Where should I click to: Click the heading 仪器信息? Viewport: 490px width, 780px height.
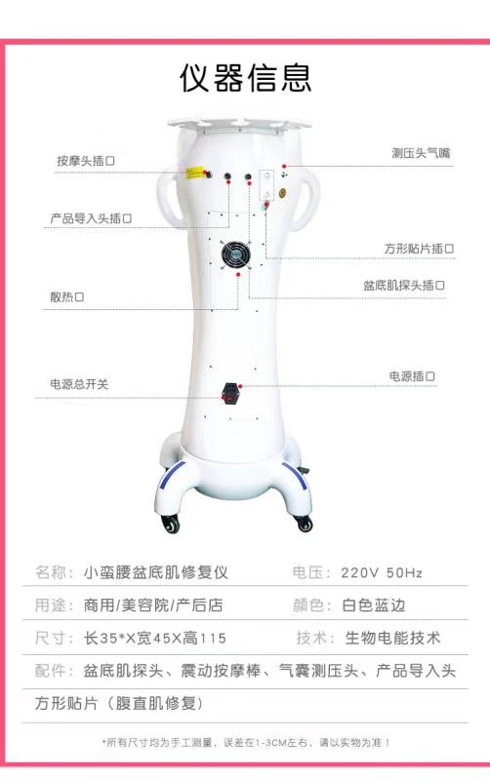[x=245, y=78]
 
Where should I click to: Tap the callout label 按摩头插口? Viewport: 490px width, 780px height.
[x=86, y=161]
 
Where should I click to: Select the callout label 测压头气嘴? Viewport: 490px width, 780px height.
[x=421, y=153]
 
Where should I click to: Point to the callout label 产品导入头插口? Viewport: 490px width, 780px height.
[x=91, y=217]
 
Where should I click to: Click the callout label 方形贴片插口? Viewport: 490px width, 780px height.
[x=419, y=249]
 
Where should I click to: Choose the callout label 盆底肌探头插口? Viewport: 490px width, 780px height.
[x=404, y=285]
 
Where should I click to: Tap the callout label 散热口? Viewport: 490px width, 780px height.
[x=66, y=297]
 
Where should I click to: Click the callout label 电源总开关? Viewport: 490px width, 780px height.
[x=79, y=383]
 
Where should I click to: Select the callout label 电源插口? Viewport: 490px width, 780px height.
[x=412, y=376]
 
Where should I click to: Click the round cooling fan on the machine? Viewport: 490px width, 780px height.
[x=235, y=254]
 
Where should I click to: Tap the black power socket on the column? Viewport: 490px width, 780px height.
[x=229, y=393]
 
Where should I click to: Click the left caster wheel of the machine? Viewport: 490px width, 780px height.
[x=170, y=524]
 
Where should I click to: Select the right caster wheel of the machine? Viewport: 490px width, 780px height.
[x=304, y=523]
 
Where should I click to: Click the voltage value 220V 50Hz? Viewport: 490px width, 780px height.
[x=382, y=572]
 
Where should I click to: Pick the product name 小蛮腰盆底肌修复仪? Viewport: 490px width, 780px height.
[x=156, y=572]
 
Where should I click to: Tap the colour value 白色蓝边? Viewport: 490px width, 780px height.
[x=374, y=604]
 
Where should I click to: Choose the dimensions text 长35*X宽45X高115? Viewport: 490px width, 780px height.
[x=155, y=638]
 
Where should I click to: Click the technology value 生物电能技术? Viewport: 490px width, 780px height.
[x=393, y=638]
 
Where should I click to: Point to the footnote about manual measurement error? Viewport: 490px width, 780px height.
[x=246, y=743]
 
